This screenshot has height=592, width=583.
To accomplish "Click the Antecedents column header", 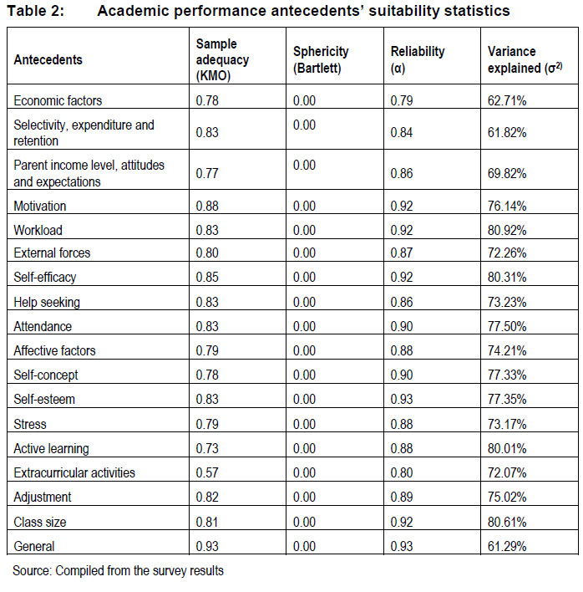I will tap(48, 59).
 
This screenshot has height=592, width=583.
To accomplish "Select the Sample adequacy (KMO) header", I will tap(216, 59).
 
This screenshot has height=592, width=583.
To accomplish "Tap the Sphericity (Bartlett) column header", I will tap(321, 59).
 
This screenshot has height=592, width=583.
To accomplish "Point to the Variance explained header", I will tap(524, 59).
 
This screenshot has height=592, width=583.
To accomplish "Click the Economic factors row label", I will tap(58, 100).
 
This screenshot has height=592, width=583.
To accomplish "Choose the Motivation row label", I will tap(40, 206).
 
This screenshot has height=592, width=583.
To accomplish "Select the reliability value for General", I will tap(402, 546).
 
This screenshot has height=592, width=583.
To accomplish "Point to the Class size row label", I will tap(40, 522).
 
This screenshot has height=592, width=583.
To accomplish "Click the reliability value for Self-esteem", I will tap(402, 399).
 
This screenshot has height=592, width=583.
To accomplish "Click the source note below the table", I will tap(118, 572).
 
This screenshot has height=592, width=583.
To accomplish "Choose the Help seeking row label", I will tap(47, 302).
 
